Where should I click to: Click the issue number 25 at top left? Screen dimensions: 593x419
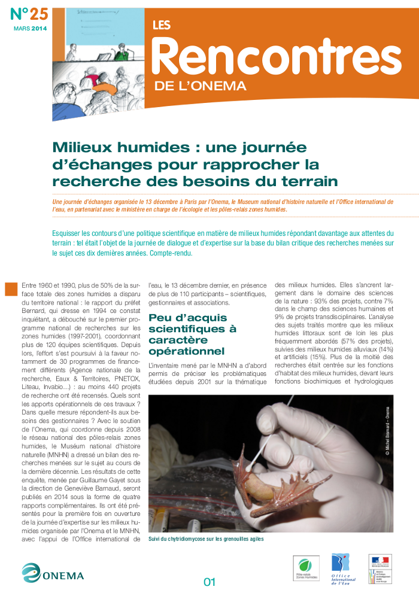[28, 14]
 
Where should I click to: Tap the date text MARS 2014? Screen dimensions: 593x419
[30, 28]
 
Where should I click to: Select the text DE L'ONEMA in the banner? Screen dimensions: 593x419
[200, 86]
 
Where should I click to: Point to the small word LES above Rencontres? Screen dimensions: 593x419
[161, 25]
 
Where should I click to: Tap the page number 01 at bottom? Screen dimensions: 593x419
[209, 581]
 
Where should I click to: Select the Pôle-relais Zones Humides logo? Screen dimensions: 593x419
[305, 568]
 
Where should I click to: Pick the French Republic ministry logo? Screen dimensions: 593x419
[380, 568]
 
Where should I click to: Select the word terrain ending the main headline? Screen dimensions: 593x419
[312, 181]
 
